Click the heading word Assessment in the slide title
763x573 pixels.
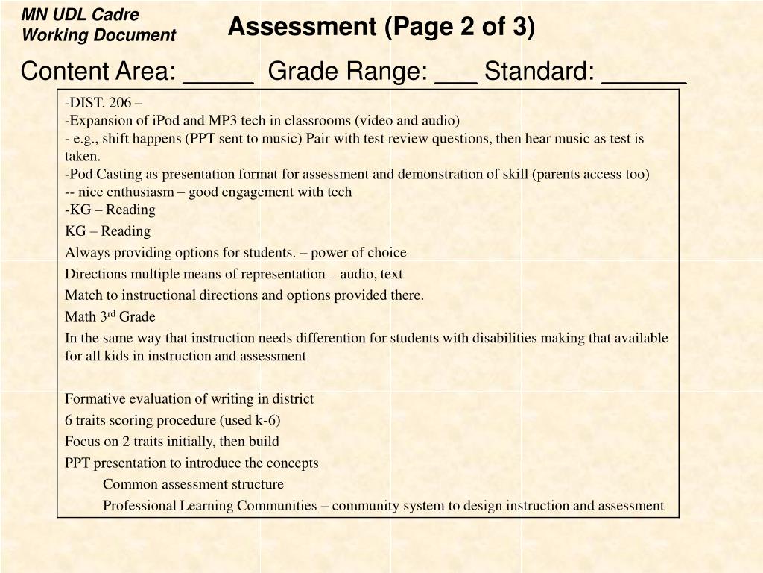302,27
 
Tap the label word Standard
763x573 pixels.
539,72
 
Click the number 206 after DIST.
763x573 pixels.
119,102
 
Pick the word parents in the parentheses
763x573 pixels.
560,174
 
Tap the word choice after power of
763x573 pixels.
388,252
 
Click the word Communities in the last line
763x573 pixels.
279,506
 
